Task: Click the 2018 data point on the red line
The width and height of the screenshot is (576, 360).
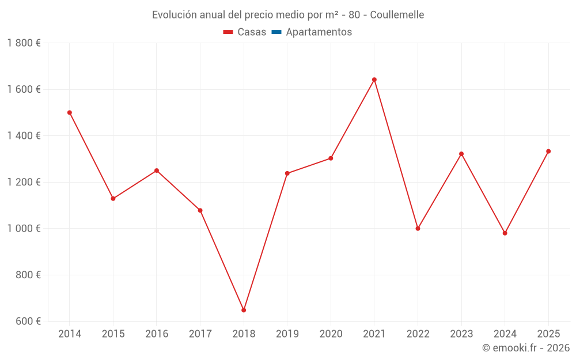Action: click(x=244, y=310)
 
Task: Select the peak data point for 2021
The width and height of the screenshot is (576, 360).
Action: click(x=374, y=79)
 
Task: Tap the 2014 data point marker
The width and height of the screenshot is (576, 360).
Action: click(x=70, y=112)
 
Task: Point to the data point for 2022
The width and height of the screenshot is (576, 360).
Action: click(x=418, y=229)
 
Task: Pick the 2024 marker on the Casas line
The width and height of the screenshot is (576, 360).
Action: click(x=505, y=233)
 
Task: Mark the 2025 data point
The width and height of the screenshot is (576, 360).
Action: click(x=548, y=151)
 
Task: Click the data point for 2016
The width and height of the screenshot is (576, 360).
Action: click(x=157, y=170)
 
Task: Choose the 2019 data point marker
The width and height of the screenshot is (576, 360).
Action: click(x=287, y=173)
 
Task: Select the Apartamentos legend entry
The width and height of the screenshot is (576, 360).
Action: click(x=319, y=32)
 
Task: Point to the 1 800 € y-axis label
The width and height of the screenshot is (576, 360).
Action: click(x=24, y=43)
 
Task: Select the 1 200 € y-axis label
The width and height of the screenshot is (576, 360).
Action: click(x=24, y=182)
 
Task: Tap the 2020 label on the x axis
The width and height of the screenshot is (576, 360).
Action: click(x=331, y=334)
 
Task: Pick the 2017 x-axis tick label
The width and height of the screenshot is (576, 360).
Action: click(x=200, y=334)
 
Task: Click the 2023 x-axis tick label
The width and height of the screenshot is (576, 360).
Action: click(x=461, y=334)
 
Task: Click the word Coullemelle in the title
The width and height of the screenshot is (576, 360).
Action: click(x=397, y=15)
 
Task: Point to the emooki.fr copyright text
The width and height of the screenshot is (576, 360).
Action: click(x=526, y=348)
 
